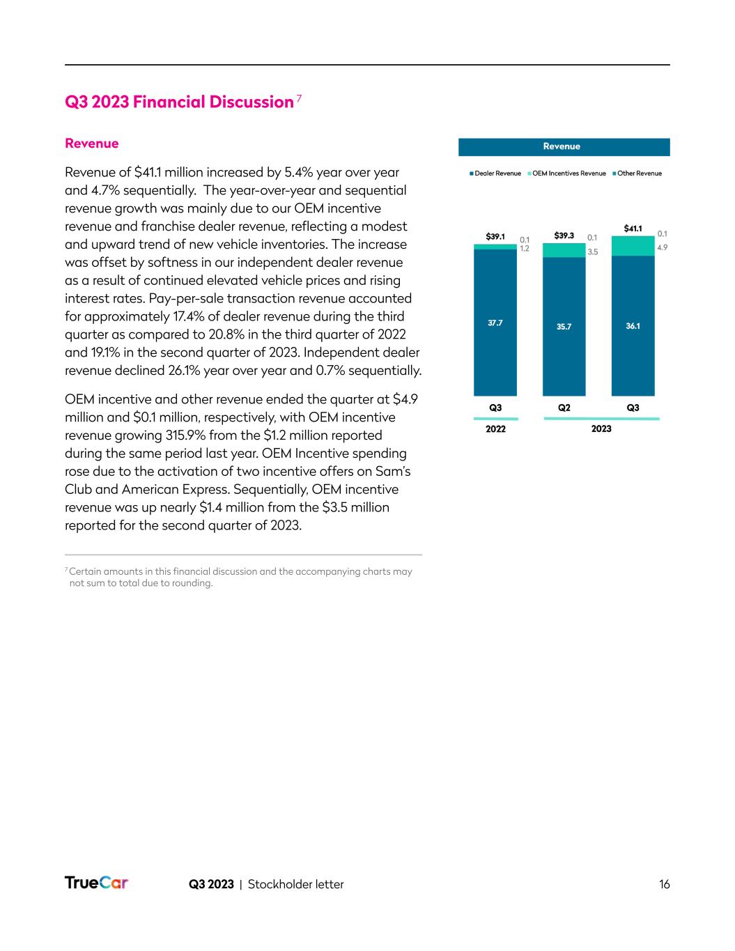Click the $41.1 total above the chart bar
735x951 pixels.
[633, 228]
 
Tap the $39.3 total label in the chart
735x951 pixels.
[564, 235]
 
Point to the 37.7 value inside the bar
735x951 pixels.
[495, 323]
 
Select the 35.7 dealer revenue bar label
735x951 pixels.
[564, 326]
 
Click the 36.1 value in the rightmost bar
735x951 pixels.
[633, 325]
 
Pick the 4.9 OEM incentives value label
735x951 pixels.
[663, 247]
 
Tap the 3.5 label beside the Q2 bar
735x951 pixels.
[593, 252]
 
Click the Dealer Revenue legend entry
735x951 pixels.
[495, 173]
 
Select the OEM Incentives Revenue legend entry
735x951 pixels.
[567, 173]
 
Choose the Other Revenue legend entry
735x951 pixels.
[637, 173]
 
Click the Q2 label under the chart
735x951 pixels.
[564, 408]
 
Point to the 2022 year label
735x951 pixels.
[495, 428]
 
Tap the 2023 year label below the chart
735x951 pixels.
[601, 428]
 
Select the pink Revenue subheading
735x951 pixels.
[91, 144]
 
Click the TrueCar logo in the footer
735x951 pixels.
[96, 883]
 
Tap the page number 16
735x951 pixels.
[664, 884]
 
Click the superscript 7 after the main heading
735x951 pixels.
[299, 98]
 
